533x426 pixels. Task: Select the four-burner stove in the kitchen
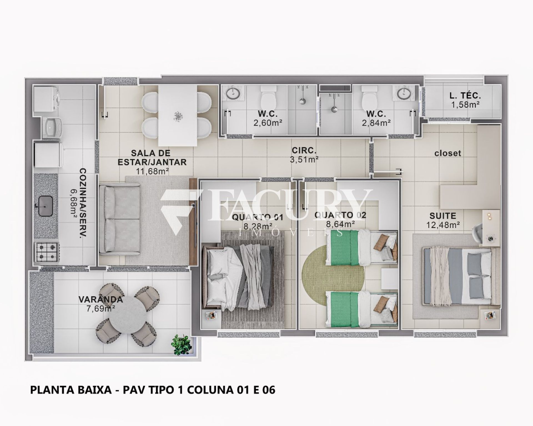pos(47,252)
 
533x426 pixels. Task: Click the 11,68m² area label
pos(152,171)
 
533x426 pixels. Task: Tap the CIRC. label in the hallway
pos(304,151)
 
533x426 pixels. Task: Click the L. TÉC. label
pos(465,96)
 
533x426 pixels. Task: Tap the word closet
pos(447,153)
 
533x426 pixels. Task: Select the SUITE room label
pos(443,215)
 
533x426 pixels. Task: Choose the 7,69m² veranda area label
pos(101,309)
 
